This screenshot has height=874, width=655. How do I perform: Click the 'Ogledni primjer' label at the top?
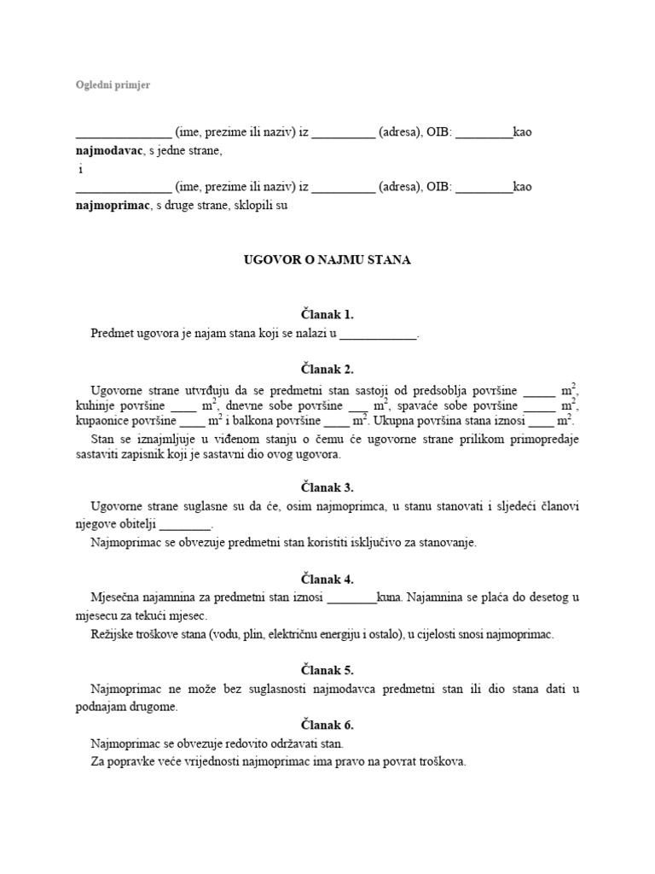113,84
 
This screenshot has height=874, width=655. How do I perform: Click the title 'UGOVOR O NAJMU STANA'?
327,259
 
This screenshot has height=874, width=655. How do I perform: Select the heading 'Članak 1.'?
327,315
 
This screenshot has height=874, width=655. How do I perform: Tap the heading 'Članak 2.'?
327,370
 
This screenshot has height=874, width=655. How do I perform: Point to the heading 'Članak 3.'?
327,488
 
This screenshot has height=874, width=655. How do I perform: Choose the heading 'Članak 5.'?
327,670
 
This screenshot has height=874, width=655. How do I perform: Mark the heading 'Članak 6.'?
327,725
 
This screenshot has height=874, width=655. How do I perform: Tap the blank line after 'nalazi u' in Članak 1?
379,335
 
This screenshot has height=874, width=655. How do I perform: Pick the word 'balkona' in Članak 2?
254,421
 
